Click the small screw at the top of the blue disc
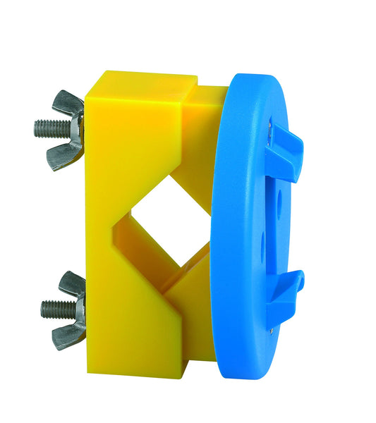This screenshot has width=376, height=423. pyautogui.click(x=270, y=126)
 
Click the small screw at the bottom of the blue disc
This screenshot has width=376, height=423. pyautogui.click(x=272, y=326)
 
